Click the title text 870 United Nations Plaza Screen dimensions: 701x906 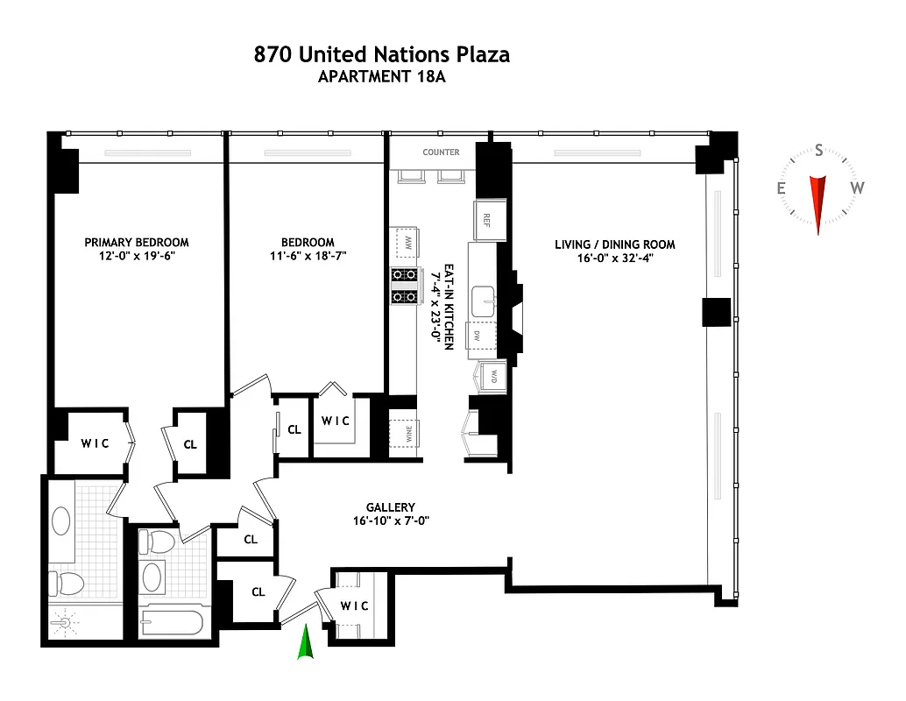[381, 54]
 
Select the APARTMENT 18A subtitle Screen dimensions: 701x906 [381, 77]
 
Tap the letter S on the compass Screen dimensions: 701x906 [818, 150]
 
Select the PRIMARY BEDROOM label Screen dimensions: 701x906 [136, 243]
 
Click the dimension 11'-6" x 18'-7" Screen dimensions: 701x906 [308, 258]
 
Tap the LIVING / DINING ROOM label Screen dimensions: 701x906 [614, 244]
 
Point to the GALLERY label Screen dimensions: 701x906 [391, 507]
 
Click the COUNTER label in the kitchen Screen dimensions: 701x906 [441, 152]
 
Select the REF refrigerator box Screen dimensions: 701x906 [485, 220]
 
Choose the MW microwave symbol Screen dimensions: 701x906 [405, 241]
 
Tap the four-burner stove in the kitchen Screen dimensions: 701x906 [405, 287]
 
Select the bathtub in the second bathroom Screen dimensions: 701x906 [172, 624]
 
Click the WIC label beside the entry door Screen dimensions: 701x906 [355, 606]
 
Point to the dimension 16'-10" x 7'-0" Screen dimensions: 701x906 [391, 521]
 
